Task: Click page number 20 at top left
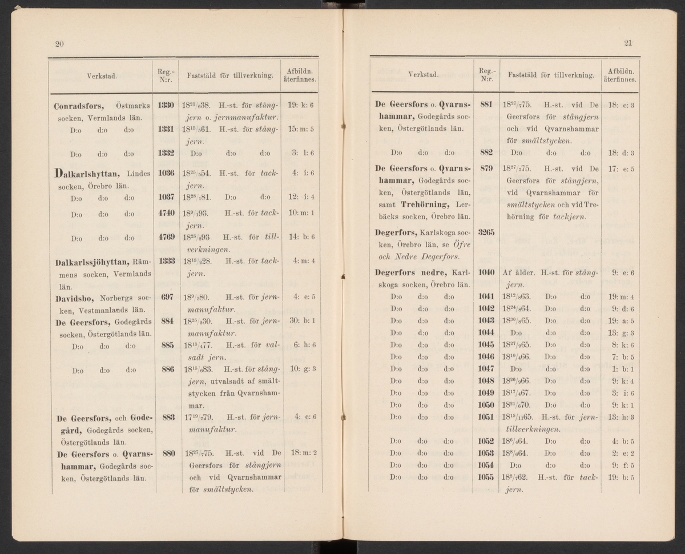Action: pyautogui.click(x=59, y=45)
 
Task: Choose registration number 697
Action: pyautogui.click(x=167, y=296)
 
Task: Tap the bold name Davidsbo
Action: pyautogui.click(x=75, y=297)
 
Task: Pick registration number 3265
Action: pyautogui.click(x=486, y=233)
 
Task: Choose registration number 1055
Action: pyautogui.click(x=486, y=477)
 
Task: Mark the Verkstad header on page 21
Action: pyautogui.click(x=423, y=74)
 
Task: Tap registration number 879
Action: pyautogui.click(x=486, y=168)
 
